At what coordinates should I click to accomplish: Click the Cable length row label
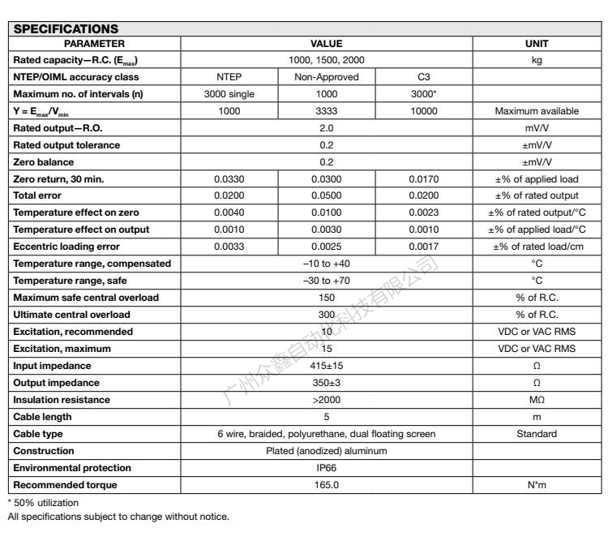click(x=42, y=415)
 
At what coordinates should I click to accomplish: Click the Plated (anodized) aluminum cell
click(x=326, y=451)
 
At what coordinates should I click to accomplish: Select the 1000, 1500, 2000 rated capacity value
click(x=326, y=60)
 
